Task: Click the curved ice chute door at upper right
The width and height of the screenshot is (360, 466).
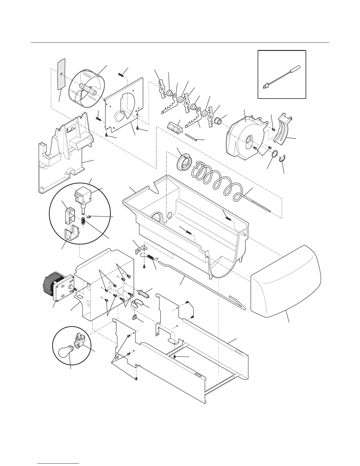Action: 284,130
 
